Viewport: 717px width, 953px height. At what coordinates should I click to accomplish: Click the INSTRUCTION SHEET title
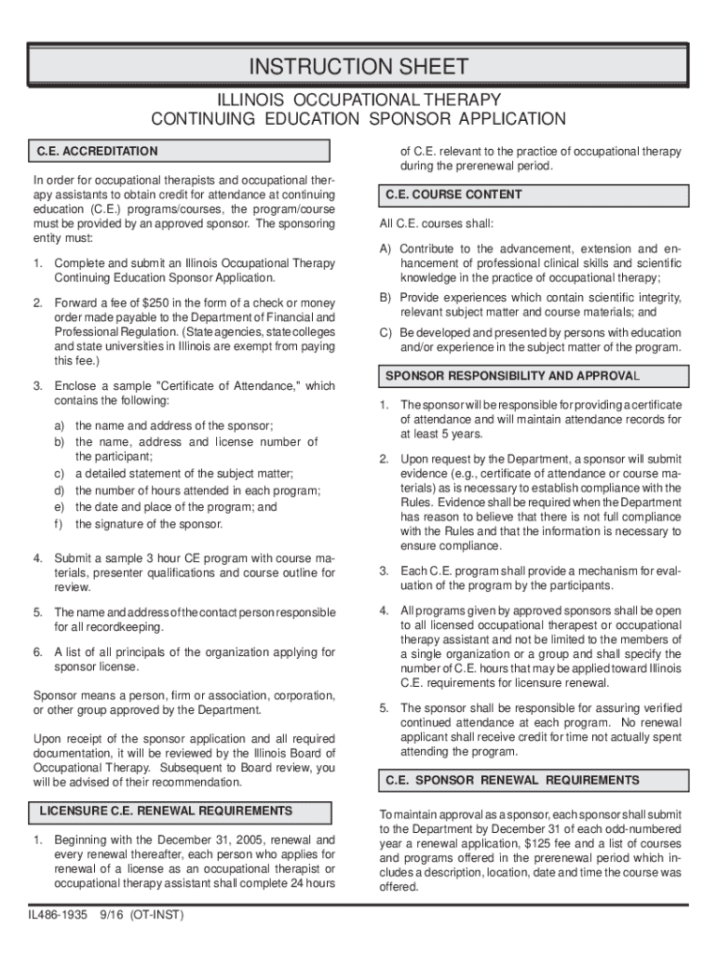click(x=358, y=67)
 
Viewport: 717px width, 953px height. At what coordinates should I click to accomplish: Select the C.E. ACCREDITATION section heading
click(x=97, y=151)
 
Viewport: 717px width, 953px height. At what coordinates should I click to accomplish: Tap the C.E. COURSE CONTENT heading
click(x=449, y=195)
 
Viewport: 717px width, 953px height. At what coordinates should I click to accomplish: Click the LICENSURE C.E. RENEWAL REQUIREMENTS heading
click(x=166, y=812)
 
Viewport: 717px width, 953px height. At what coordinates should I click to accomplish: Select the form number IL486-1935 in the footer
click(x=57, y=915)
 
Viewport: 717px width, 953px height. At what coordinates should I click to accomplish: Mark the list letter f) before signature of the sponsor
click(x=59, y=524)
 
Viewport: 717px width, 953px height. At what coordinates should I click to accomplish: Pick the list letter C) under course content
click(x=385, y=333)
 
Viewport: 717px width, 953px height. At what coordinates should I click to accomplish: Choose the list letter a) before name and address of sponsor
click(x=59, y=425)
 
